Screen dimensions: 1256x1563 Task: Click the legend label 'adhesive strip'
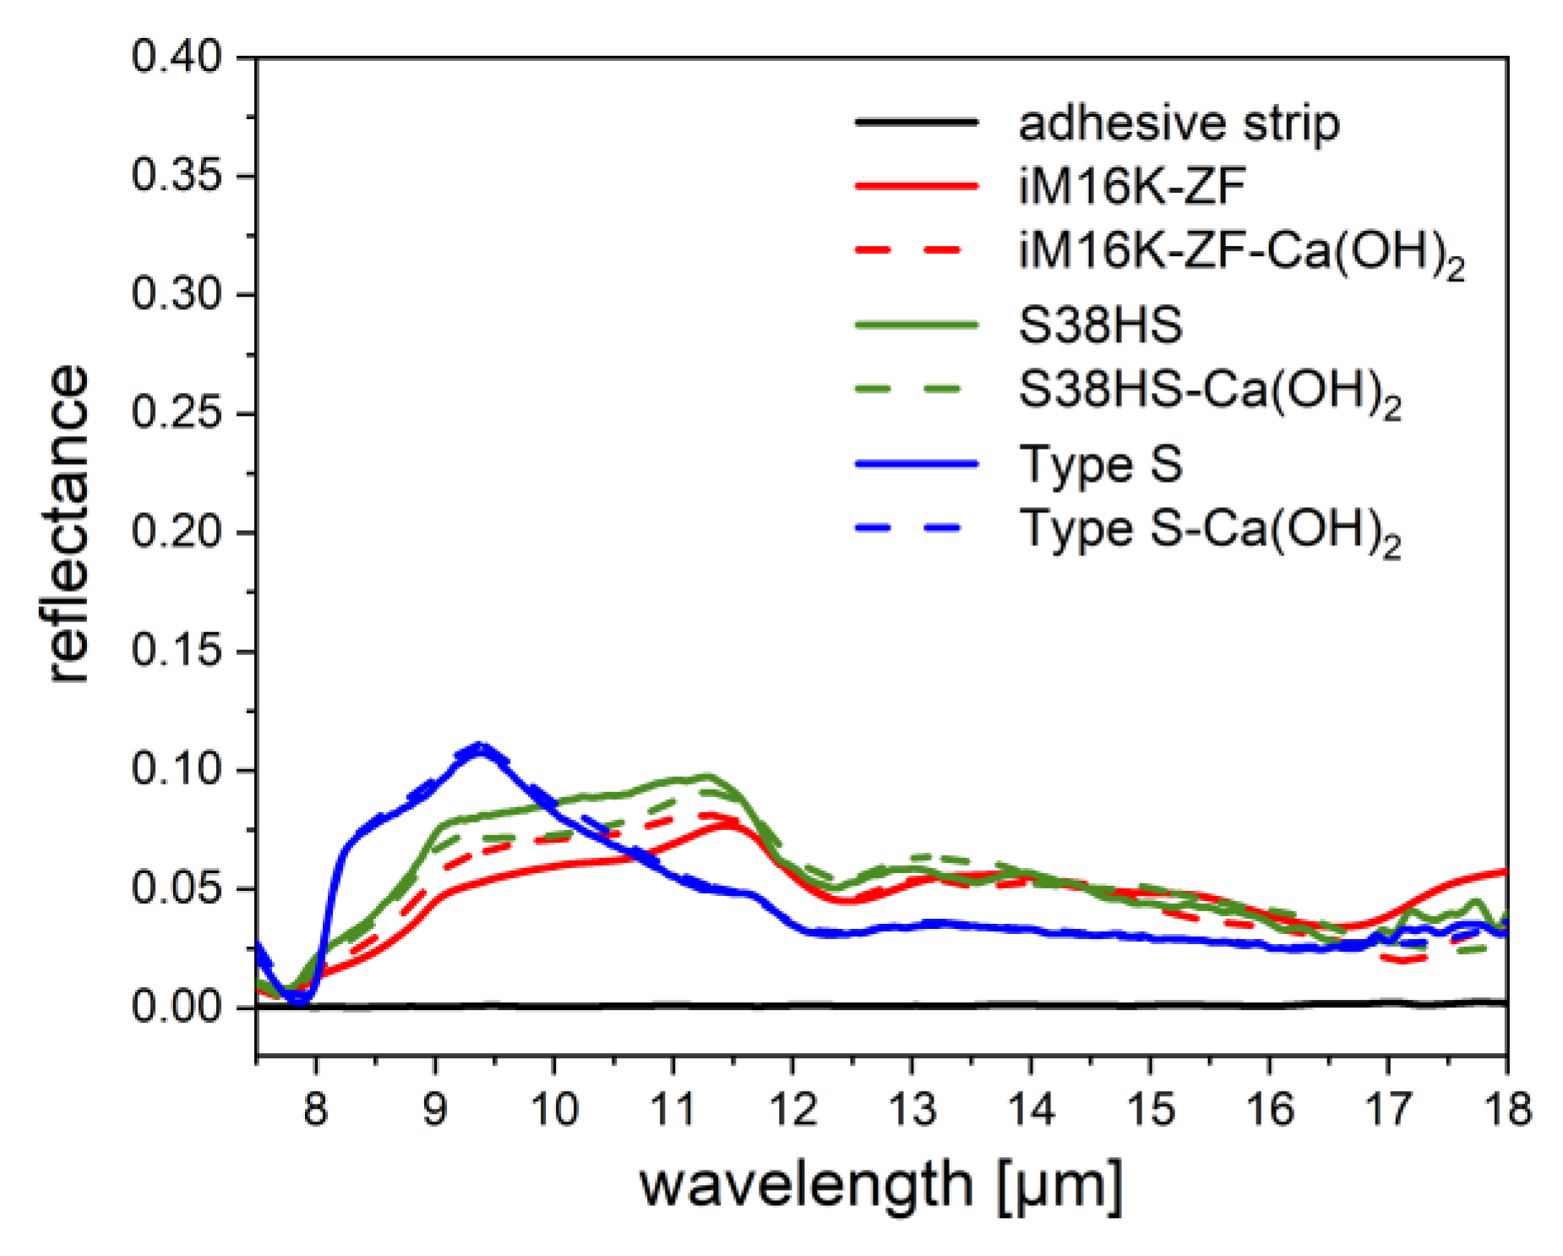[x=1179, y=123]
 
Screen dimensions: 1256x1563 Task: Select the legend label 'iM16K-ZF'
[x=1131, y=185]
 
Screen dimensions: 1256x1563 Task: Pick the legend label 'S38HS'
[x=1100, y=325]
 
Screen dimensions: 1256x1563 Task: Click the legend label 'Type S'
[x=1100, y=464]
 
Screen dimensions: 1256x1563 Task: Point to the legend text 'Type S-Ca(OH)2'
[x=1209, y=531]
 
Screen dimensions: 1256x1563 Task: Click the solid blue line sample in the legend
[x=916, y=464]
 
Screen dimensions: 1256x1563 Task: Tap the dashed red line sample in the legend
[x=916, y=250]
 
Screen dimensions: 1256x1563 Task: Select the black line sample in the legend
[x=916, y=123]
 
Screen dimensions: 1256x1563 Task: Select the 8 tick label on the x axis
[x=315, y=1108]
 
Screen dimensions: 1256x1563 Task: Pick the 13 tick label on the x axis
[x=912, y=1108]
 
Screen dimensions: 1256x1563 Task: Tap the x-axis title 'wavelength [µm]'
[x=881, y=1185]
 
